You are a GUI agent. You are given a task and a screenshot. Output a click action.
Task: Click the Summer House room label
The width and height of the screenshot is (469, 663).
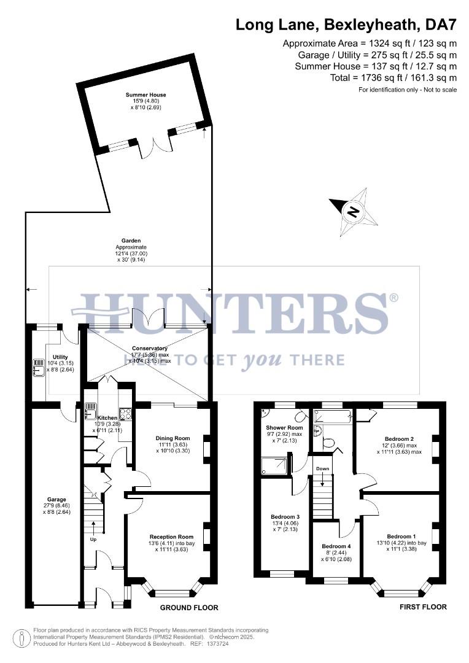point(146,95)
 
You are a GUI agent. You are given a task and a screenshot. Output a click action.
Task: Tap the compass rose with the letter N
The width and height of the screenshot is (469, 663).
point(353,212)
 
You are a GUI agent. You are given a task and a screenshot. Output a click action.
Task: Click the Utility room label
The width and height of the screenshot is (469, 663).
point(60,357)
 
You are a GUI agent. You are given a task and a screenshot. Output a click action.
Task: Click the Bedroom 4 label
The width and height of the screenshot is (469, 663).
point(336,546)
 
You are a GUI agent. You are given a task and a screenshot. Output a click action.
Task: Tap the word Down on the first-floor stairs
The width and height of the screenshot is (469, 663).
point(323,468)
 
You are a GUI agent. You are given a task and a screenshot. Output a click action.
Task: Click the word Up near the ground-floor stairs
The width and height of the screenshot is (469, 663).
point(93,540)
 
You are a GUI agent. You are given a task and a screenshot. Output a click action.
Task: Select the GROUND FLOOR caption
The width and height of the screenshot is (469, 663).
point(189,608)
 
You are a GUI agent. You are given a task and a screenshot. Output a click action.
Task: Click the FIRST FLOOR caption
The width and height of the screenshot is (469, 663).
point(424,607)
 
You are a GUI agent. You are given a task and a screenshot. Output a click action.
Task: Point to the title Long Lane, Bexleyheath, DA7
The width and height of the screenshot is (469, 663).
point(346,25)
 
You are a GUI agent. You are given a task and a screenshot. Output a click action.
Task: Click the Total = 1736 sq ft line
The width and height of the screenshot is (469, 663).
point(376,78)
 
